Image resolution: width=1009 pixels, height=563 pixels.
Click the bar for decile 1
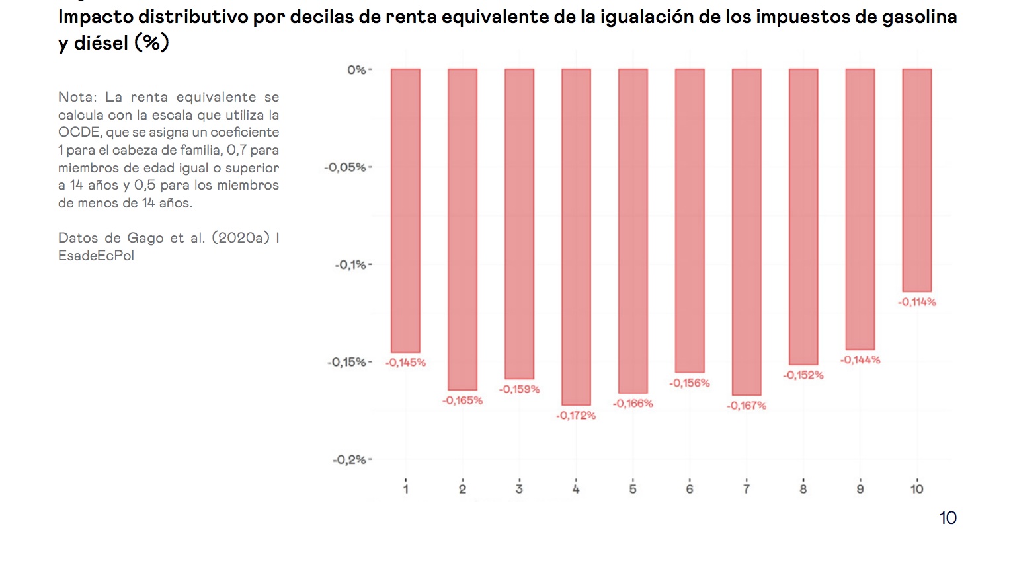tap(405, 210)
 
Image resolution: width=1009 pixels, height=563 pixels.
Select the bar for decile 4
tap(576, 237)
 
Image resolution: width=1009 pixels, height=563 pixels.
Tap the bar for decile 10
tap(916, 180)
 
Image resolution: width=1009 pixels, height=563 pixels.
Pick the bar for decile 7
tap(747, 232)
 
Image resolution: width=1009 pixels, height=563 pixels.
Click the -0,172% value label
tap(576, 416)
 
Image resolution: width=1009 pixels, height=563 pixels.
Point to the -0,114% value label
tap(916, 302)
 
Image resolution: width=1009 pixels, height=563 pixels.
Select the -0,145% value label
tap(406, 363)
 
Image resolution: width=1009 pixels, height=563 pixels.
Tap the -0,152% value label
tap(803, 375)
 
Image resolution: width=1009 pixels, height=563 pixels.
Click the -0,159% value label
tap(519, 389)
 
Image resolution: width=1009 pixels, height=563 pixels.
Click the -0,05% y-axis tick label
tap(345, 167)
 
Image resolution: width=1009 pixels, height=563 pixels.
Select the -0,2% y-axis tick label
tap(349, 460)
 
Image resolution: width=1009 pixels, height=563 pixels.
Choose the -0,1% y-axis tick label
tap(350, 265)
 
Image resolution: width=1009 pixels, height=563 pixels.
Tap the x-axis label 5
tap(633, 489)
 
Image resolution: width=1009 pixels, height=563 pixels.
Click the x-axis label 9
tap(860, 489)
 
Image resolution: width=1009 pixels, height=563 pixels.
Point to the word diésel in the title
tap(101, 44)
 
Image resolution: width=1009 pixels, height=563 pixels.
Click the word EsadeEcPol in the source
tap(96, 256)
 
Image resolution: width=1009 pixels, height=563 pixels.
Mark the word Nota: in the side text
tap(77, 97)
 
